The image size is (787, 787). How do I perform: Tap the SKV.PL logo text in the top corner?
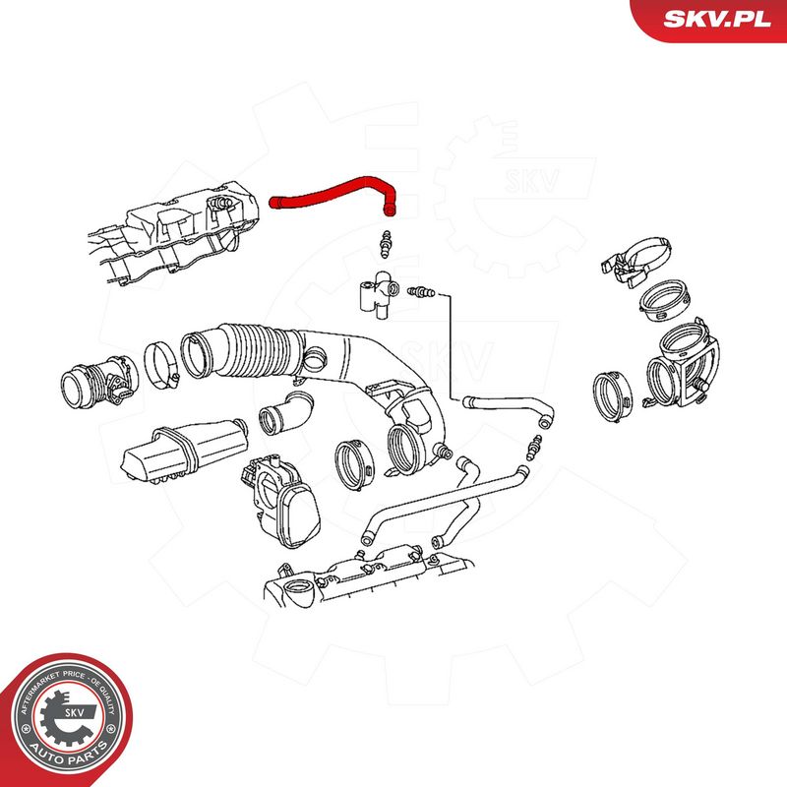pyautogui.click(x=717, y=20)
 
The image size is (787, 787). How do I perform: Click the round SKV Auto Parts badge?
pyautogui.click(x=66, y=720)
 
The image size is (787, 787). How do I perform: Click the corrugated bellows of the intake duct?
pyautogui.click(x=261, y=350)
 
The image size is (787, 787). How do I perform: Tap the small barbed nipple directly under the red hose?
pyautogui.click(x=386, y=245)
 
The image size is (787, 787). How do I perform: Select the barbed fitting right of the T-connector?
pyautogui.click(x=422, y=291)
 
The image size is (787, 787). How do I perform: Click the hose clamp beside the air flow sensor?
pyautogui.click(x=161, y=365)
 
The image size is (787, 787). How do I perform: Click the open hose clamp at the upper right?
pyautogui.click(x=636, y=261)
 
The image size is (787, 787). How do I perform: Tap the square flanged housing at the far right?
pyautogui.click(x=684, y=364)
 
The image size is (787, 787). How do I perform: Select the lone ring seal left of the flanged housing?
pyautogui.click(x=612, y=396)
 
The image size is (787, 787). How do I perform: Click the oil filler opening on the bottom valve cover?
pyautogui.click(x=299, y=591)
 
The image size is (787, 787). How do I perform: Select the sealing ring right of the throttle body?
pyautogui.click(x=354, y=464)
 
